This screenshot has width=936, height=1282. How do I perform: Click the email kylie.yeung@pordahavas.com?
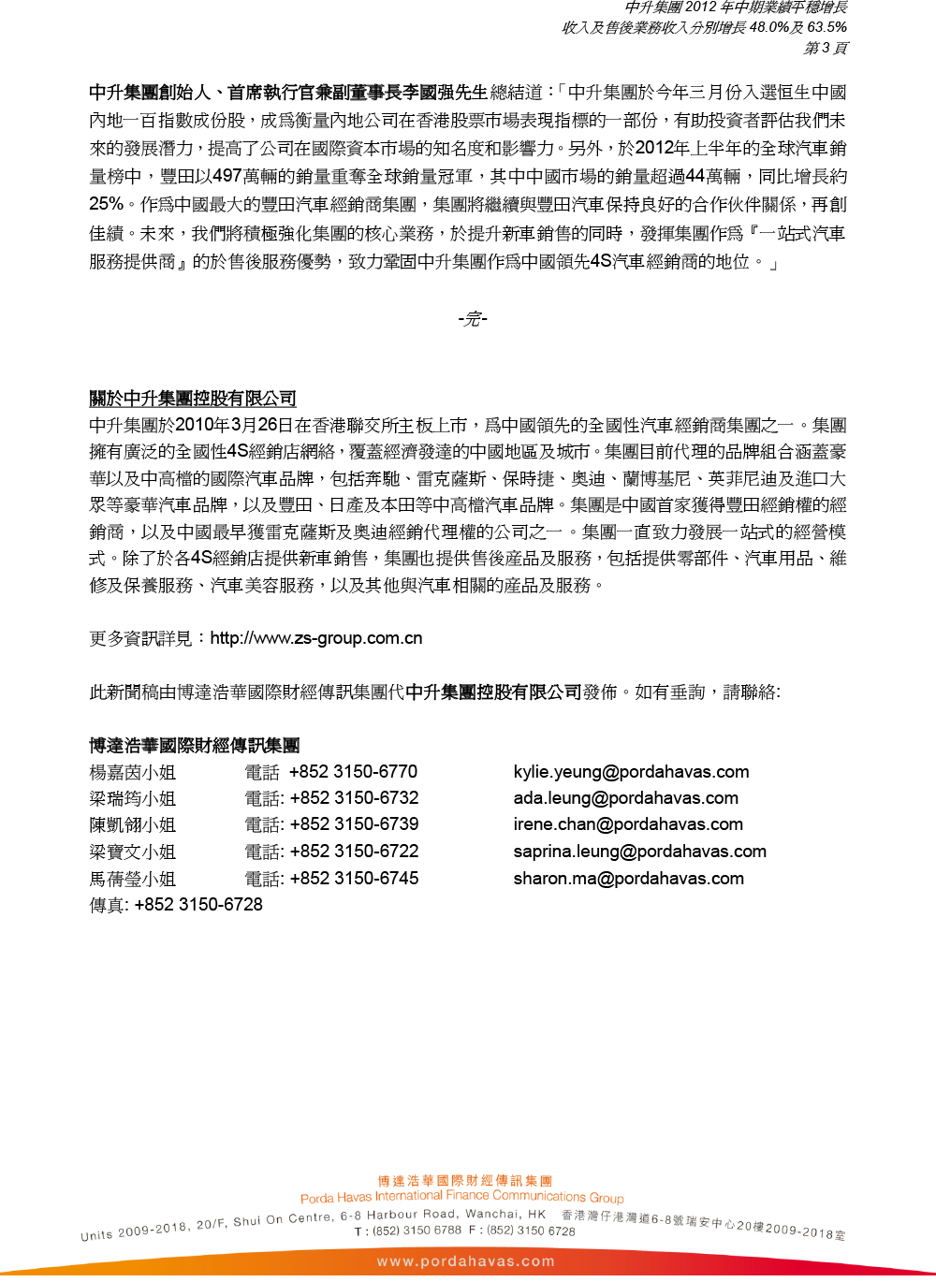coord(631,772)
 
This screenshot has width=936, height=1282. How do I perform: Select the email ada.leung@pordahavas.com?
coord(625,798)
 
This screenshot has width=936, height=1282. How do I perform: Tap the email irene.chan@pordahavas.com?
coord(628,824)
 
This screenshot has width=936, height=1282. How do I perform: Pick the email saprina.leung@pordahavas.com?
coord(639,852)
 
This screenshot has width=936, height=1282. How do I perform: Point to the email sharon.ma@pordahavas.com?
coord(628,879)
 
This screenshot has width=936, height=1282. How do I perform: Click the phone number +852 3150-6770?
coord(353,772)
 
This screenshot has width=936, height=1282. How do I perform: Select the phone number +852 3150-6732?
coord(354,798)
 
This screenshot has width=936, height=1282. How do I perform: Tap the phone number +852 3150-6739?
coord(354,824)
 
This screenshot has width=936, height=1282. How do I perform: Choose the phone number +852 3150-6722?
coord(354,852)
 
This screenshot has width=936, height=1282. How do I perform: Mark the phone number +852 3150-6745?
coord(354,879)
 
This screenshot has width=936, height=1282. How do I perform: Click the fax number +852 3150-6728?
coord(198,905)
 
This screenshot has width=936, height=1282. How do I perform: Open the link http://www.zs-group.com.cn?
coord(316,638)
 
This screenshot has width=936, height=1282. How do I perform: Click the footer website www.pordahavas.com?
coord(465,1261)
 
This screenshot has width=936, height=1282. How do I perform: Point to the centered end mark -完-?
coord(473,319)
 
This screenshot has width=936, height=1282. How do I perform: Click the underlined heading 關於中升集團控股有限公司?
coord(193,399)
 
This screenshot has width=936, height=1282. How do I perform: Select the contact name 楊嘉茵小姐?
coord(133,773)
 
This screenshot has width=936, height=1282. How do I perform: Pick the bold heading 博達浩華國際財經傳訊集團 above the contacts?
coord(195,746)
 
